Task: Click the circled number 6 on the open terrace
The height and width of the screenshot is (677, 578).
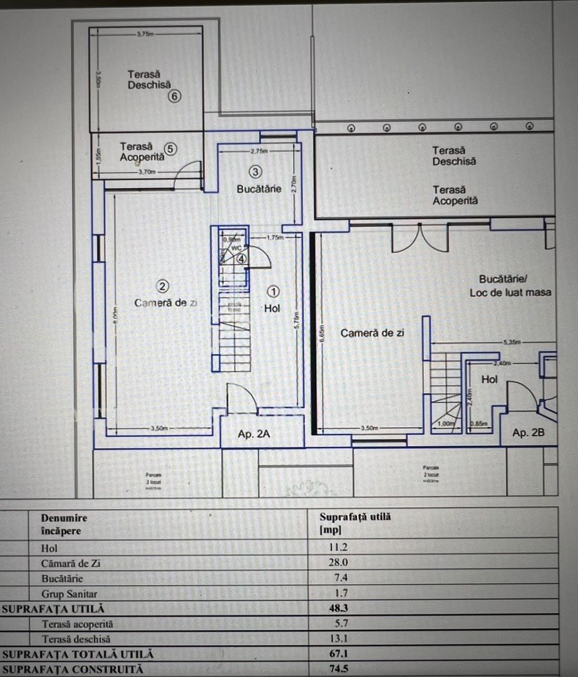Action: [174, 96]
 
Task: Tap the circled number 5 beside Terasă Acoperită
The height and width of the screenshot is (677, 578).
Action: [171, 149]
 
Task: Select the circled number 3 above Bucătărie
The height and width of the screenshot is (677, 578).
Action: [255, 171]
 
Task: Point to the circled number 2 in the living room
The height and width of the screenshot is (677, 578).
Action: [162, 286]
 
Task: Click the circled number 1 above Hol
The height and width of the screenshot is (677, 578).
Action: [274, 291]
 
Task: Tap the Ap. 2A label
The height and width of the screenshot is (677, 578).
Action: [254, 433]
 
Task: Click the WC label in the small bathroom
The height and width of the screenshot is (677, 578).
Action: [236, 248]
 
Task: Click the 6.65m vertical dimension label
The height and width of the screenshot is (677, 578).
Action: [321, 339]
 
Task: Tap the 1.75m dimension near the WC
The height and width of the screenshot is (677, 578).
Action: [276, 238]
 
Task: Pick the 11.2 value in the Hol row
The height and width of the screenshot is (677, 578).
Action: [339, 547]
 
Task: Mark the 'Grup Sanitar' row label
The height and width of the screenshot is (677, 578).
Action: [69, 594]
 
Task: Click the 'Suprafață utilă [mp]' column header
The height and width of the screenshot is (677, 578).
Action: [354, 523]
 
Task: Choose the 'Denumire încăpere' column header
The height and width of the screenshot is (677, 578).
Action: [64, 524]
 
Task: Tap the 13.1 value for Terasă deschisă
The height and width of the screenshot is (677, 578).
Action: [339, 639]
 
